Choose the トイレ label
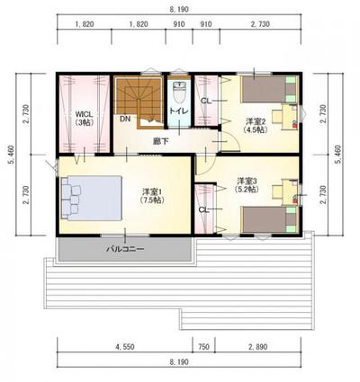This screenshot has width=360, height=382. coord(178,112)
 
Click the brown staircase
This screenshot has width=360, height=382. coord(138,98)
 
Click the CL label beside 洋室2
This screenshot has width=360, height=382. coord(206,100)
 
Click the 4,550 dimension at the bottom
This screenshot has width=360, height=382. coord(124,345)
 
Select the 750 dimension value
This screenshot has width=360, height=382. coord(203,345)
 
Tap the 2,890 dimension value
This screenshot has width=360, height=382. coord(258,345)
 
